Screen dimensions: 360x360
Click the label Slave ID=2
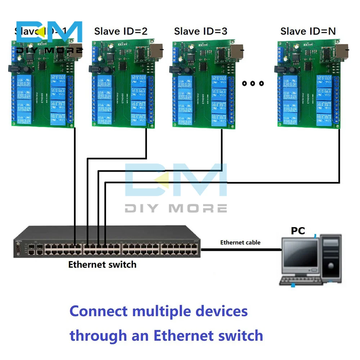(121, 31)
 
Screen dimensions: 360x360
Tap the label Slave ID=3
(201, 31)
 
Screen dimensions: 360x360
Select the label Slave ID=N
(308, 31)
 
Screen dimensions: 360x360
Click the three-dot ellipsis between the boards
(253, 84)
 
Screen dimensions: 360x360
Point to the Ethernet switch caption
(102, 265)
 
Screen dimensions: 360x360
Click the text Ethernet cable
(240, 242)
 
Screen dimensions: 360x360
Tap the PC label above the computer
(298, 231)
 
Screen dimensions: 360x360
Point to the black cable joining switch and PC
(241, 249)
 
